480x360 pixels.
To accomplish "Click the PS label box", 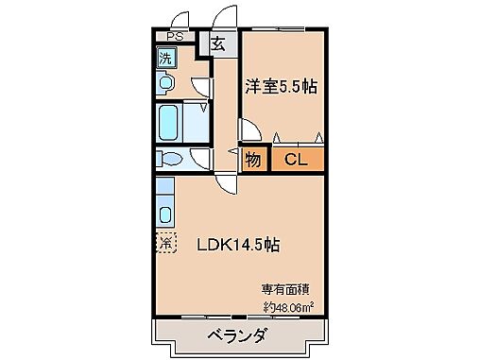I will point(174,38).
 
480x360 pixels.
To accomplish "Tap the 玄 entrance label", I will point(218,43).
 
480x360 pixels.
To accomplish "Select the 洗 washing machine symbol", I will point(166,57).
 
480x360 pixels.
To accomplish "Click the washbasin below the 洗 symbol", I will point(166,84).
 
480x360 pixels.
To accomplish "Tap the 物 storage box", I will point(252,160).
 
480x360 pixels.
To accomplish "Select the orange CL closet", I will point(297,160).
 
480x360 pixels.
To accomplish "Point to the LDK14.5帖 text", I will point(237,245).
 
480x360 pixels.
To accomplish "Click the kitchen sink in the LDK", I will point(165,213).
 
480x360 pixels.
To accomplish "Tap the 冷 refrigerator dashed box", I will point(166,243).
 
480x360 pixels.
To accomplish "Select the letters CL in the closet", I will point(297,160).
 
